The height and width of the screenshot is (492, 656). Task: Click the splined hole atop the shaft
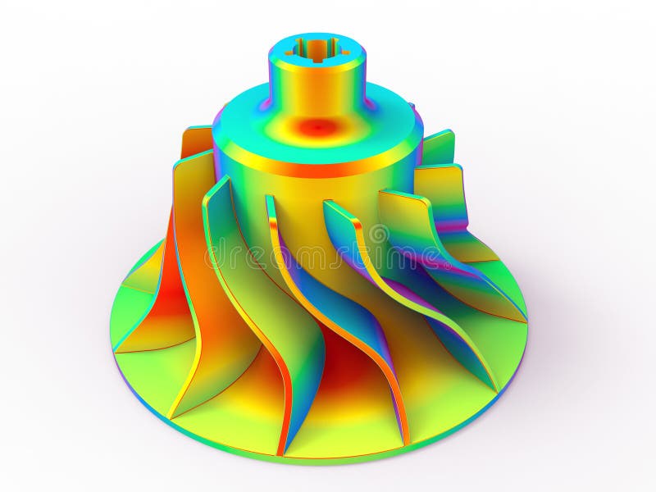click(x=316, y=49)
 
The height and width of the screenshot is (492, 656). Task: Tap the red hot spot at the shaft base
click(x=318, y=127)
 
